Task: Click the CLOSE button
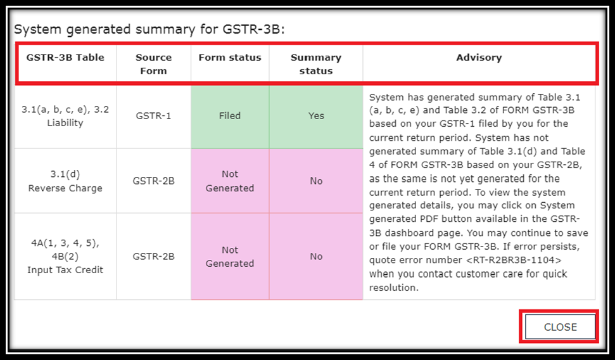pyautogui.click(x=560, y=326)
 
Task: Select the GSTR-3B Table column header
pyautogui.click(x=65, y=57)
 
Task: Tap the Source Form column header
pyautogui.click(x=153, y=64)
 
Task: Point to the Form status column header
pyautogui.click(x=230, y=57)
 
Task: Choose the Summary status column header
pyautogui.click(x=316, y=64)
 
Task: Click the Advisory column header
pyautogui.click(x=479, y=58)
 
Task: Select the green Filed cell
pyautogui.click(x=230, y=117)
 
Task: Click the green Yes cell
pyautogui.click(x=316, y=117)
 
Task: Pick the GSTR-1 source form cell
pyautogui.click(x=153, y=116)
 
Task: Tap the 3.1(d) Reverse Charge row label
pyautogui.click(x=65, y=181)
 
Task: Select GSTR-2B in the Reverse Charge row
pyautogui.click(x=153, y=181)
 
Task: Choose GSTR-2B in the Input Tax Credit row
pyautogui.click(x=153, y=256)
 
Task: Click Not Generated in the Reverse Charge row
pyautogui.click(x=230, y=181)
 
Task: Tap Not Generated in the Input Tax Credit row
pyautogui.click(x=230, y=256)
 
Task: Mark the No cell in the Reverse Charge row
pyautogui.click(x=316, y=181)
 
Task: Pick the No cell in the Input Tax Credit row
pyautogui.click(x=316, y=256)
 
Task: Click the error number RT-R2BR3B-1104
pyautogui.click(x=514, y=260)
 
